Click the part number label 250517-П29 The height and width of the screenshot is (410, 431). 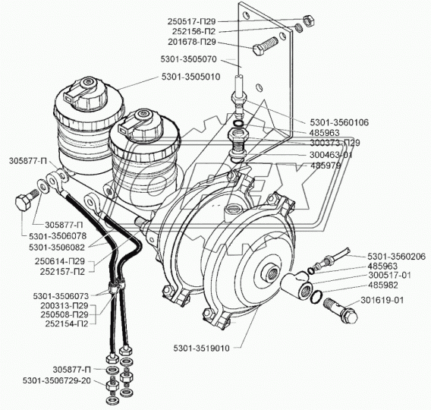[x=191, y=21]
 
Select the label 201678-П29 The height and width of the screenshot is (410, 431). [x=192, y=42]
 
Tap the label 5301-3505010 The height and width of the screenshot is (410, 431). [x=190, y=77]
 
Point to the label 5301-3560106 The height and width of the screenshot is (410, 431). [x=339, y=122]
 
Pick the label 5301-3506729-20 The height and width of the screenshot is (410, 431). [x=56, y=380]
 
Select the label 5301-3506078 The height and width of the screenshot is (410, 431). [x=58, y=236]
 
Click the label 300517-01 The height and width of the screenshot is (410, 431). [x=389, y=275]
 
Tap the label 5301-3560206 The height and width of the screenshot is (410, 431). [x=397, y=257]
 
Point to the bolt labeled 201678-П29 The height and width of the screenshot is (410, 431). [x=266, y=46]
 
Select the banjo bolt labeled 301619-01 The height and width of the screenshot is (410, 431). [x=341, y=310]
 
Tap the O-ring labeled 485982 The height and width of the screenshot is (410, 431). [x=316, y=297]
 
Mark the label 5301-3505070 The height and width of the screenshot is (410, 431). [x=188, y=59]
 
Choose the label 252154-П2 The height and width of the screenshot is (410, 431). [x=67, y=323]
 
